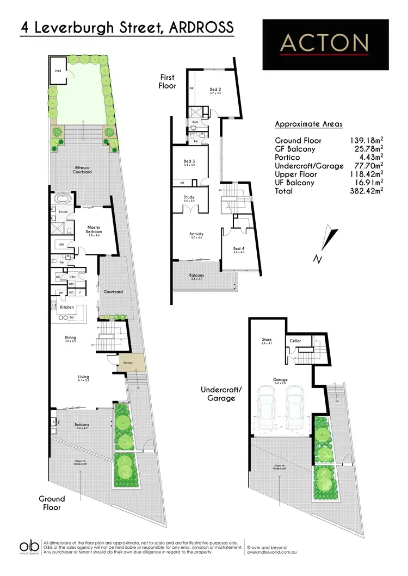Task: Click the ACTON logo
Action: point(325,43)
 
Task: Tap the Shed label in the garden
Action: point(57,71)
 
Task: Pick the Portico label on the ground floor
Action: point(128,363)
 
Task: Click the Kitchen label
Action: point(67,307)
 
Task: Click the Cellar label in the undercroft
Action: point(295,341)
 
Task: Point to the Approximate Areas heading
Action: point(308,124)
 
